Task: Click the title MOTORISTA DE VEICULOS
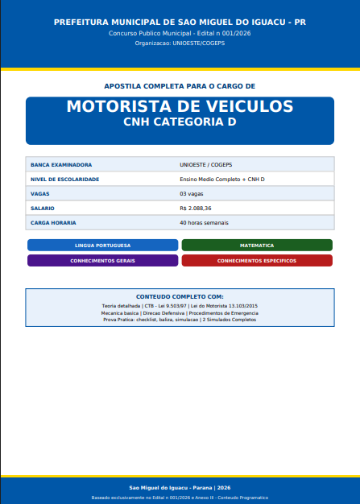coord(180,107)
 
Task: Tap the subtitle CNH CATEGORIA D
coord(180,122)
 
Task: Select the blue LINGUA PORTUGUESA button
coord(102,245)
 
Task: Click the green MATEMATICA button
coord(257,245)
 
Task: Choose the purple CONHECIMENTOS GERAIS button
coord(102,261)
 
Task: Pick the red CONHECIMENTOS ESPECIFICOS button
coord(257,261)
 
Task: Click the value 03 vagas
coord(192,194)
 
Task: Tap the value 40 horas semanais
coord(204,222)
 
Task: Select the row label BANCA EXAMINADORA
coord(60,164)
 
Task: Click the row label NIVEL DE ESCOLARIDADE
coord(64,179)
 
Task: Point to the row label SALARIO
coord(43,208)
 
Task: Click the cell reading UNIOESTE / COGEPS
coord(206,164)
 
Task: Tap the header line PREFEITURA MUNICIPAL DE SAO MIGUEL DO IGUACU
coord(180,22)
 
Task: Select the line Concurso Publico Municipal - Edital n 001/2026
coord(180,33)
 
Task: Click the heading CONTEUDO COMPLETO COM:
coord(180,297)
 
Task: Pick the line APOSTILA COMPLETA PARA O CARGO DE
coord(180,85)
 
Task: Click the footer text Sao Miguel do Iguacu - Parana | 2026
coord(180,488)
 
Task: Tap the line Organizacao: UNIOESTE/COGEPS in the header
coord(180,43)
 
